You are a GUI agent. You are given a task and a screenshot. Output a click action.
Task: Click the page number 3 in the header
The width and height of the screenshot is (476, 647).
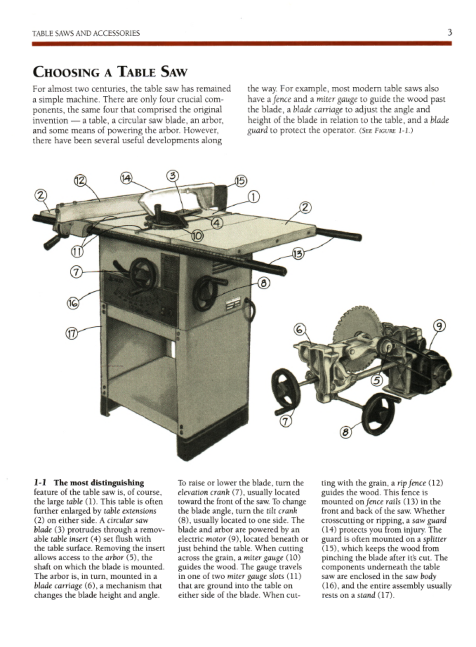click(x=449, y=33)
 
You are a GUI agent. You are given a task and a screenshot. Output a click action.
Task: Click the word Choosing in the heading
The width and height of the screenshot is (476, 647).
click(x=65, y=72)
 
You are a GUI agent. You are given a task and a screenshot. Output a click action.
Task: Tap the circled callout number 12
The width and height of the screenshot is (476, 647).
click(x=80, y=181)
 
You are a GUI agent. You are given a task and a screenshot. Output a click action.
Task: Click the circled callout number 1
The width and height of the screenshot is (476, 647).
click(x=253, y=197)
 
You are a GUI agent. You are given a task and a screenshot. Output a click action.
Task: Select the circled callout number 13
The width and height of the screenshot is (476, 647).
click(x=298, y=254)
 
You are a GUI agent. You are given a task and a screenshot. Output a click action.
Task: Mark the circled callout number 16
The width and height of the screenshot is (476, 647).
click(x=73, y=303)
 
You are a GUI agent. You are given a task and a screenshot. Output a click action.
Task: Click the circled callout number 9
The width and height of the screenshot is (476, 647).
click(x=439, y=326)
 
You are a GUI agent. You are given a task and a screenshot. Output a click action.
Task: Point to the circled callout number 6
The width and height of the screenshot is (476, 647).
click(x=299, y=329)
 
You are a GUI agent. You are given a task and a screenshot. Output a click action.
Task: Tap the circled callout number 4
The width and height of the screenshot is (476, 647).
click(x=217, y=223)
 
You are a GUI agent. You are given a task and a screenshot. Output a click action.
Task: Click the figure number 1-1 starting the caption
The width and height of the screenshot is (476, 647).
click(x=41, y=483)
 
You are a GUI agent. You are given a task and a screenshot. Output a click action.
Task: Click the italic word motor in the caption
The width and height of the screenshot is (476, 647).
click(x=216, y=539)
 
